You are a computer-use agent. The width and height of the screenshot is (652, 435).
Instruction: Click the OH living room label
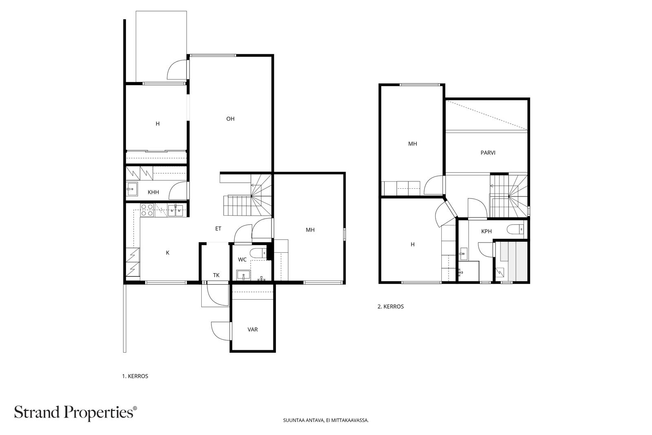(230, 119)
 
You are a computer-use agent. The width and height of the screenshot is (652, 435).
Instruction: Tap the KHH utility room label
(153, 192)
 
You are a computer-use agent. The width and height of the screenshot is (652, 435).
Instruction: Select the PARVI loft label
(488, 152)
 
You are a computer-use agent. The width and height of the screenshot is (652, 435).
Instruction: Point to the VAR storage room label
(252, 329)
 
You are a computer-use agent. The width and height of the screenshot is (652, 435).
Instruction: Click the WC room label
(242, 260)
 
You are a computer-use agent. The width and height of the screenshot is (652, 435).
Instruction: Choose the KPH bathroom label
(487, 232)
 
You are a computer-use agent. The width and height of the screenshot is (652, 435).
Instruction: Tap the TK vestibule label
(216, 275)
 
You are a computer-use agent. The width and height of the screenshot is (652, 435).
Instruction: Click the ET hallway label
(218, 229)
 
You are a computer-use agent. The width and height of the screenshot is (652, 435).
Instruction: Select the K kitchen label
(167, 253)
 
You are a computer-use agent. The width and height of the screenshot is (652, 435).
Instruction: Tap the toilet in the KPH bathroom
(515, 229)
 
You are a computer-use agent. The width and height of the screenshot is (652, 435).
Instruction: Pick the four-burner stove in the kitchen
(147, 210)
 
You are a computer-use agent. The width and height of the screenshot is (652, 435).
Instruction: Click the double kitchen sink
(176, 210)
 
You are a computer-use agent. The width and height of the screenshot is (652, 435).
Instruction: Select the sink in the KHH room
(132, 189)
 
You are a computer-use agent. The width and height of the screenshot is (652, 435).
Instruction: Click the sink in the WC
(243, 275)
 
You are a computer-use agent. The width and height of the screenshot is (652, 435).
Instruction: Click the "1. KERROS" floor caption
(135, 376)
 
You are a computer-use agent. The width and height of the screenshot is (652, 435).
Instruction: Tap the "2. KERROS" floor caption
(391, 307)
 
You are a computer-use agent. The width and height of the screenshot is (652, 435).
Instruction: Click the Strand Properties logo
(75, 413)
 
